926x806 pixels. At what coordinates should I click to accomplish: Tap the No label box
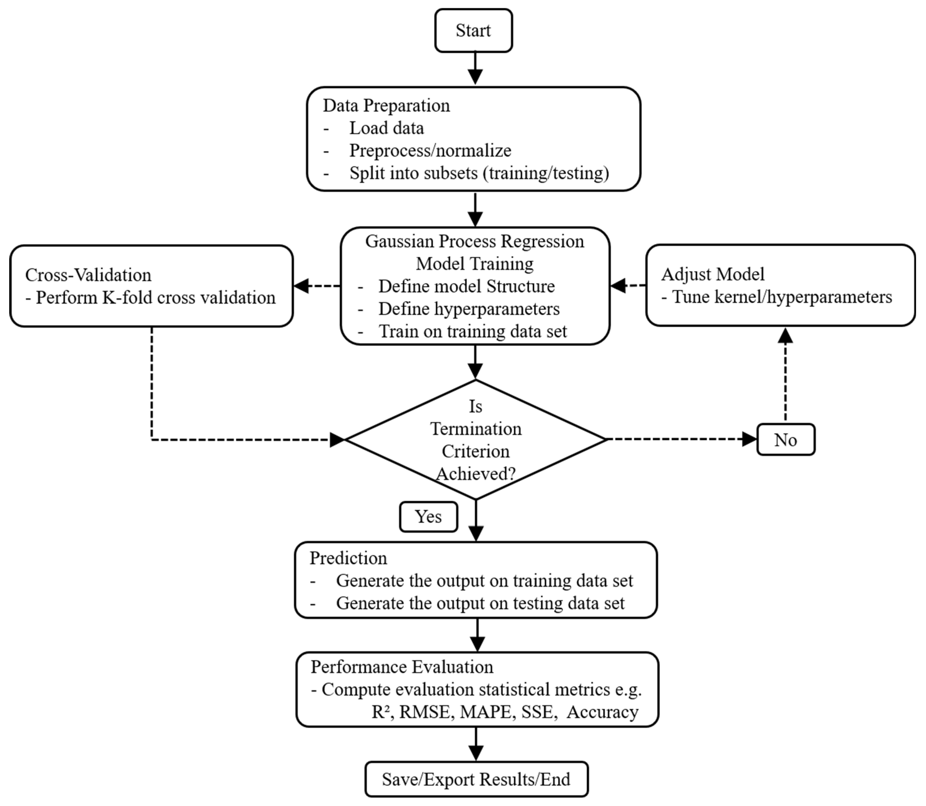pos(786,439)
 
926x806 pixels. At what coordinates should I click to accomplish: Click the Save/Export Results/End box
pos(476,779)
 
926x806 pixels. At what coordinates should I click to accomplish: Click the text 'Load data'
pos(386,128)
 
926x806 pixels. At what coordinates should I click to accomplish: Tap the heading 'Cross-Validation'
pos(88,275)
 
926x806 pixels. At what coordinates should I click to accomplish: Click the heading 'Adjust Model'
pos(713,274)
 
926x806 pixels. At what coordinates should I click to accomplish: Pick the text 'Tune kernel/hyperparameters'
pos(782,297)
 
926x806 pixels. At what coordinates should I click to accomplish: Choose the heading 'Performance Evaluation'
pos(402,667)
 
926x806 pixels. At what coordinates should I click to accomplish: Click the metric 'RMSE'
pos(424,712)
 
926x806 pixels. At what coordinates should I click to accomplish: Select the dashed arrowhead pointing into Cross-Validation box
pos(301,286)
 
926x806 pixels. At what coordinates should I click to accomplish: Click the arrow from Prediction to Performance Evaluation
pos(477,635)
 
